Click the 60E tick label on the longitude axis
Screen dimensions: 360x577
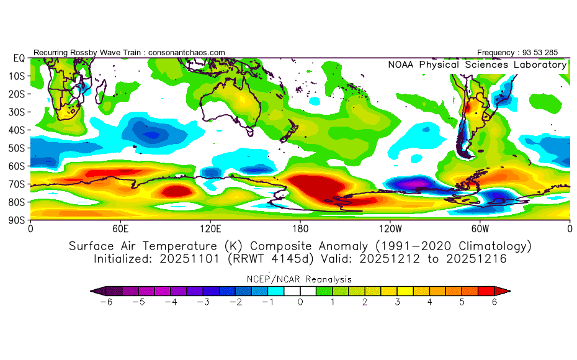121,228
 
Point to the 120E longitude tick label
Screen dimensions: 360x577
211,228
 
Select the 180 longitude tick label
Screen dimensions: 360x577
300,228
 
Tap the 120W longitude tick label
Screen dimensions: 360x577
390,228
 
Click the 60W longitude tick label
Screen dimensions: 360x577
480,228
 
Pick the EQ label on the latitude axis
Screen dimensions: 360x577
19,58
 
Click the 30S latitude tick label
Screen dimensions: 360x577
17,112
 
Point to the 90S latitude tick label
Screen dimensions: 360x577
17,220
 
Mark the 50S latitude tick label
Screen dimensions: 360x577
17,148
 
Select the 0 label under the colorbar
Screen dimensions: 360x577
300,302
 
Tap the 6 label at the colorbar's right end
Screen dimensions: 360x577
494,302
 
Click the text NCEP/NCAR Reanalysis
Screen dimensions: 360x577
300,279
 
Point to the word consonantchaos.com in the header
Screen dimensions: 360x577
187,53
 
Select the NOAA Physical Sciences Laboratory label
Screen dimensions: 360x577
477,65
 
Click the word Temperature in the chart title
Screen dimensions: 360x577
196,246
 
